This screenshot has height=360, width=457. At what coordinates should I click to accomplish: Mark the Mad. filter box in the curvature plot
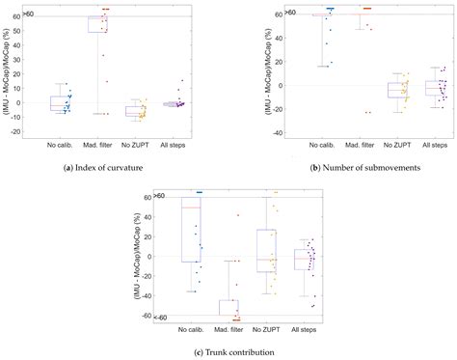(97, 24)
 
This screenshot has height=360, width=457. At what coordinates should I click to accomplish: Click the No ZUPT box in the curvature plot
(137, 110)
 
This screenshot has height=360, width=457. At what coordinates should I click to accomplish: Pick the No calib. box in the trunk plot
(193, 234)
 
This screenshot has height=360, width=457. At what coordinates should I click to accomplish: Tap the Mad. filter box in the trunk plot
(229, 307)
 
